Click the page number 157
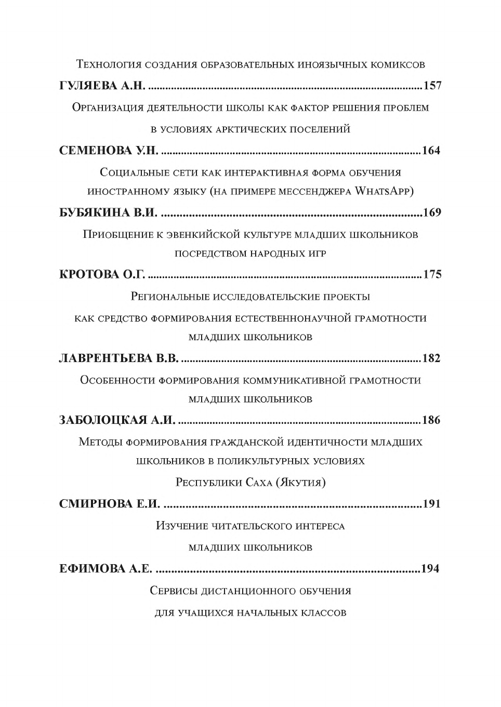[433, 86]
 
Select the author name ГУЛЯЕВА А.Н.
[102, 86]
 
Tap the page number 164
[431, 151]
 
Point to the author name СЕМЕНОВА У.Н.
[109, 151]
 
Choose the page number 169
[432, 212]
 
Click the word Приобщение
[117, 234]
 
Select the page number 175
[432, 274]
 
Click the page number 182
[431, 358]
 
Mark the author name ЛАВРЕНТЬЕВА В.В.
[119, 358]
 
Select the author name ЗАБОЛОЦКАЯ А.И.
[117, 420]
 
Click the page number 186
[431, 420]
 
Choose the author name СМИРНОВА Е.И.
[109, 504]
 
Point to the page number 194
[430, 569]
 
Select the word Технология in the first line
[109, 64]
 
